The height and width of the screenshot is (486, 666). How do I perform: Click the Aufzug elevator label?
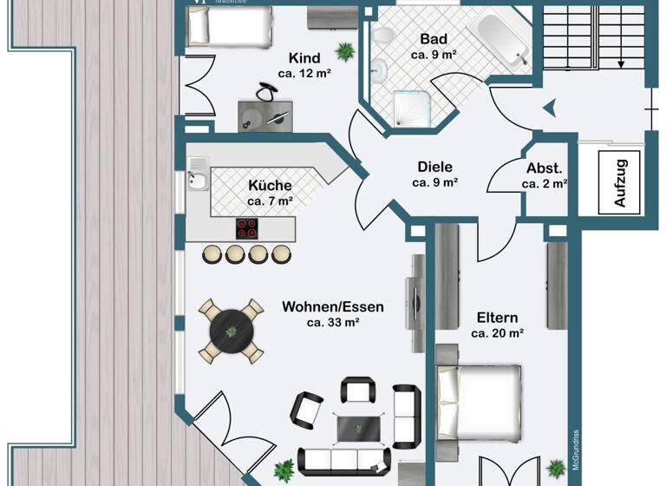[x=620, y=180]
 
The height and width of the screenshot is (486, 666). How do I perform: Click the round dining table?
[x=231, y=331]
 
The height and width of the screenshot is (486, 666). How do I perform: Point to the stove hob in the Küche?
[x=247, y=228]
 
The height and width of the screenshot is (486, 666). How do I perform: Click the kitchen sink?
[x=196, y=181]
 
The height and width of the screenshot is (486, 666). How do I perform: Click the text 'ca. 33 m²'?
[x=333, y=323]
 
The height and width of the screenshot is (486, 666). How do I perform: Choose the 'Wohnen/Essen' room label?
[x=333, y=306]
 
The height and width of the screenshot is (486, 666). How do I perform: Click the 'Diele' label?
[x=434, y=167]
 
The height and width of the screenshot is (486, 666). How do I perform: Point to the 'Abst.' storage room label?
[x=545, y=168]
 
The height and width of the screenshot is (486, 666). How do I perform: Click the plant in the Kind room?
[x=345, y=52]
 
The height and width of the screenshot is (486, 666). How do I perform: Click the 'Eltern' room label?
[x=497, y=317]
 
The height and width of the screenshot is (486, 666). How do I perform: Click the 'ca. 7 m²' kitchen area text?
[x=270, y=201]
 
